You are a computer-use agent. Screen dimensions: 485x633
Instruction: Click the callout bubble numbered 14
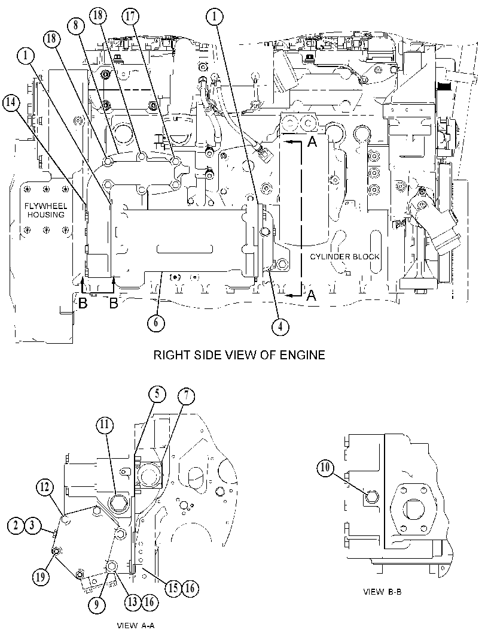tap(11, 103)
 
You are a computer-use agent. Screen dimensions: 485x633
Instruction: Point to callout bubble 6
tap(156, 322)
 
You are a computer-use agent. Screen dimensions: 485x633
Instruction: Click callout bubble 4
tap(280, 326)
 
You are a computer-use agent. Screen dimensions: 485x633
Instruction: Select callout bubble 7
tap(186, 397)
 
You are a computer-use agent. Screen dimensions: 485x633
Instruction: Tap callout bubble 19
tap(41, 577)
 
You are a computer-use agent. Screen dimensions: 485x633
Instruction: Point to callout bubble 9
tap(97, 604)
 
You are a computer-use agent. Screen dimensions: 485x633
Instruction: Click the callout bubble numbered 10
tap(325, 468)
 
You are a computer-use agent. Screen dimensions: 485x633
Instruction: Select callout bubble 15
tap(173, 588)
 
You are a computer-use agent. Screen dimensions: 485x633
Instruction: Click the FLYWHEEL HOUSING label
tap(45, 210)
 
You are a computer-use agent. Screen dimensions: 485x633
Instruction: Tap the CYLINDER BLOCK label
tap(344, 256)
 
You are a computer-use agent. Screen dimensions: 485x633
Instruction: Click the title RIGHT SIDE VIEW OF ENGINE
tap(239, 355)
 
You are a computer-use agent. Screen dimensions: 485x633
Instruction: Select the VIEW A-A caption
tap(136, 626)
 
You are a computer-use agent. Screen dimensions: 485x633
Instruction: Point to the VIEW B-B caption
tap(382, 592)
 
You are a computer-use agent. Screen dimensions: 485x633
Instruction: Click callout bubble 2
tap(16, 525)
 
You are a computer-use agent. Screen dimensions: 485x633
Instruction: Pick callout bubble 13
tap(133, 602)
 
